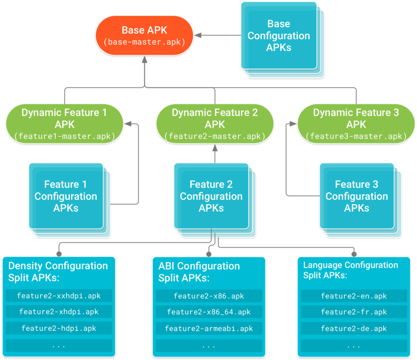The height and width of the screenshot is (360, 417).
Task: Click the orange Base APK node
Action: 144,36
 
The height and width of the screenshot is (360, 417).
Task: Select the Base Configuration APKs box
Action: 279,36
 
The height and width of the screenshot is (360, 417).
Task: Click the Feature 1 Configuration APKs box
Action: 66,196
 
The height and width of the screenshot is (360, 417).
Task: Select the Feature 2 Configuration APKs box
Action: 211,196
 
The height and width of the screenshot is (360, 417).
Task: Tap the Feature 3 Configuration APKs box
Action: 356,196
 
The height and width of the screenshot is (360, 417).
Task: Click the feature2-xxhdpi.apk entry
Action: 59,296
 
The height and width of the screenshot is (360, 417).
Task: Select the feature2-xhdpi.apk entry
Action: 59,312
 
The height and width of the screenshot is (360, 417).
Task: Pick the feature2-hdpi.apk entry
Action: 59,328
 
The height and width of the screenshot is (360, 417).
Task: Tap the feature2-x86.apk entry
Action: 209,296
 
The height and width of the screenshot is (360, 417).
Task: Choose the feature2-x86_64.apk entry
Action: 209,312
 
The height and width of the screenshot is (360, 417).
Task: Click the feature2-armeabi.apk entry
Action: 209,329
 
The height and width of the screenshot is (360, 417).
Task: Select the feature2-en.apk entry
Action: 354,296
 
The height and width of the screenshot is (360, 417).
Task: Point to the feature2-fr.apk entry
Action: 354,312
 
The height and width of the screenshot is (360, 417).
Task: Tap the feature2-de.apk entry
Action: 354,329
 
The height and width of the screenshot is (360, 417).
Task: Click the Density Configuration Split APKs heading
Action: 58,272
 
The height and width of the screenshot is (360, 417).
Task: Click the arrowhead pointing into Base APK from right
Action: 198,35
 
